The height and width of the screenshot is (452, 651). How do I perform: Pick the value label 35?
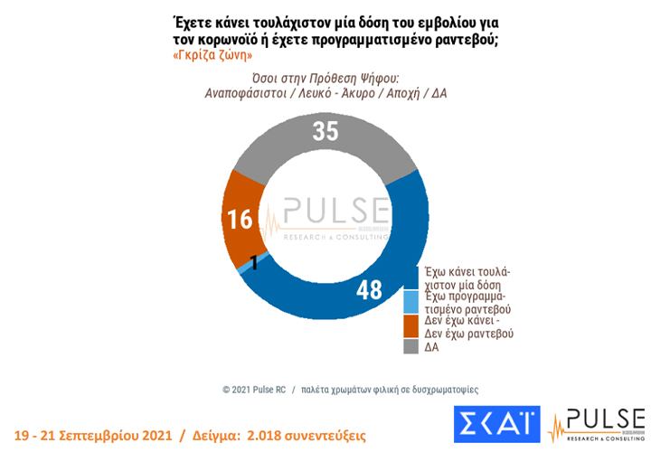325,131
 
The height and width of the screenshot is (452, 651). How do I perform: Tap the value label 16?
241,221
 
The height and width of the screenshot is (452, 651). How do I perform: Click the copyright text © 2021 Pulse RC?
254,389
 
